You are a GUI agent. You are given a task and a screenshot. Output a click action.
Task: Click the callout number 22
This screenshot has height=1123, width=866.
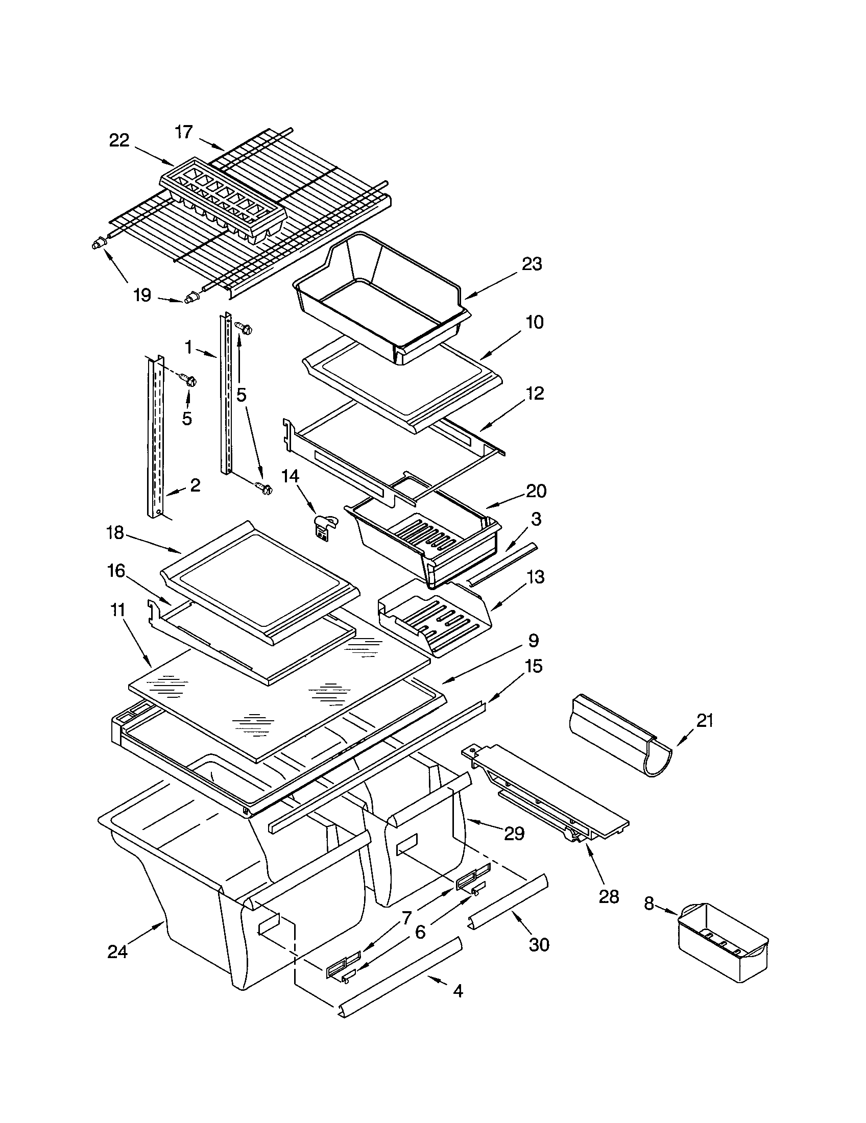(x=119, y=140)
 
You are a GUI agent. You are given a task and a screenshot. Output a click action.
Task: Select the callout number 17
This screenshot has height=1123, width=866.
(x=183, y=132)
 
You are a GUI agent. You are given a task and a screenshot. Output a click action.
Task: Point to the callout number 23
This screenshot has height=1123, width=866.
(x=532, y=264)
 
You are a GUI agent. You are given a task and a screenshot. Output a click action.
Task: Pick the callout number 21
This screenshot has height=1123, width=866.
(x=705, y=720)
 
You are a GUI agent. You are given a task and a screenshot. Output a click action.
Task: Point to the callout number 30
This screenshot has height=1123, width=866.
(x=539, y=944)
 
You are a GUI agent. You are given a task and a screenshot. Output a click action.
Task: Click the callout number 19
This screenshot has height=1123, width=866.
(x=142, y=295)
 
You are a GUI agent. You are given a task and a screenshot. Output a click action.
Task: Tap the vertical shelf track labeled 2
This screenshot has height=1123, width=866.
(x=156, y=437)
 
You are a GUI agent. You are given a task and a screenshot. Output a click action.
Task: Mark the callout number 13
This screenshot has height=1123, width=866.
(x=535, y=577)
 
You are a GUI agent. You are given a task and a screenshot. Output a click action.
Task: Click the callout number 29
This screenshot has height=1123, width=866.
(x=514, y=833)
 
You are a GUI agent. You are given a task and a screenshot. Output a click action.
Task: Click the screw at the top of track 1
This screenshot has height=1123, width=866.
(x=243, y=328)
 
